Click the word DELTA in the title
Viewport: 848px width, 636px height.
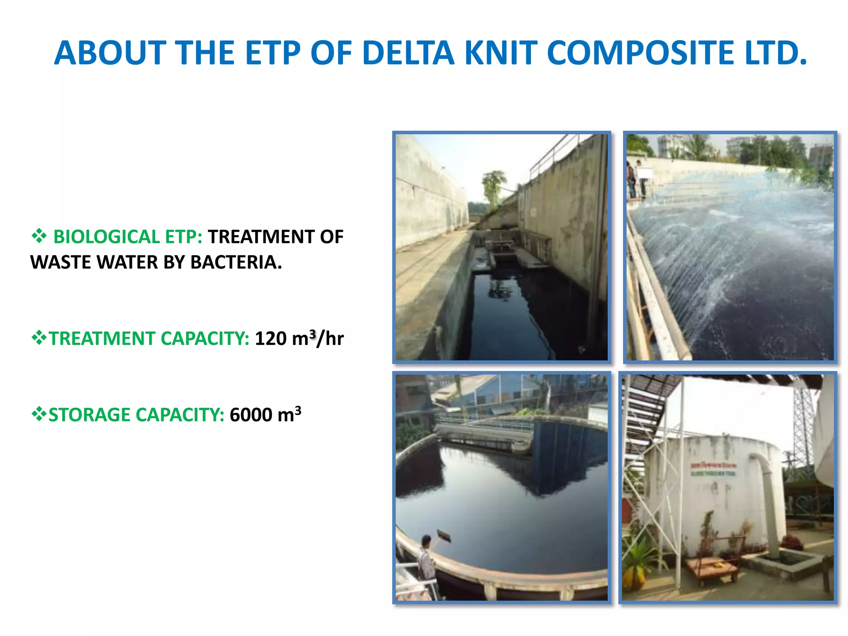[408, 53]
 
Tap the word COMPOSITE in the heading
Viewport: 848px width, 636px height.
[640, 53]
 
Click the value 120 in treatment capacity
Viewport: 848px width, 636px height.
[270, 338]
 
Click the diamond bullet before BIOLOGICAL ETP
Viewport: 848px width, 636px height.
[39, 236]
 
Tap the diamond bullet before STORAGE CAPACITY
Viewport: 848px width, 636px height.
[39, 414]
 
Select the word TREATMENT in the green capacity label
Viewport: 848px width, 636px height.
[102, 338]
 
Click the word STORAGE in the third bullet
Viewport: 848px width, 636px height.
[89, 415]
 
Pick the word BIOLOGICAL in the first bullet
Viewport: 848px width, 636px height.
[106, 237]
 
